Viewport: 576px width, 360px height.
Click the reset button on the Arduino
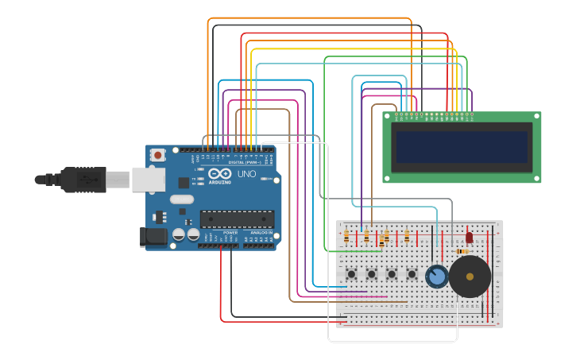click(158, 155)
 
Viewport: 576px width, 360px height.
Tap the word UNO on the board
click(247, 173)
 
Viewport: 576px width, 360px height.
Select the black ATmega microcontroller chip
click(237, 219)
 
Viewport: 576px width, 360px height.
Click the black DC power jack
click(152, 236)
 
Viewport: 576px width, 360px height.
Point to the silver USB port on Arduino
click(148, 179)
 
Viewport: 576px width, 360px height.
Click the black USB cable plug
click(84, 180)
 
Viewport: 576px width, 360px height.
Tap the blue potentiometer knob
click(436, 277)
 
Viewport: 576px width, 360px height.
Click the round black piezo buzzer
click(470, 277)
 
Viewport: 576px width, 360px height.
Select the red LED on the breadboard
click(469, 237)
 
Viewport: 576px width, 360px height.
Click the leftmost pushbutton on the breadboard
click(351, 274)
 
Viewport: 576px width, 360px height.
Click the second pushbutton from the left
click(371, 274)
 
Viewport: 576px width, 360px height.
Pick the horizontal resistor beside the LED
click(462, 251)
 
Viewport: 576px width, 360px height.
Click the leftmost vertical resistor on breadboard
click(346, 236)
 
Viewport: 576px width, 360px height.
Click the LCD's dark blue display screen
click(462, 147)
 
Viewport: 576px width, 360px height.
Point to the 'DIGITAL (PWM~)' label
click(245, 162)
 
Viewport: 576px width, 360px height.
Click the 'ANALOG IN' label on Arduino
click(261, 232)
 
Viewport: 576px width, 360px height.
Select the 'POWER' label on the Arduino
click(230, 232)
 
